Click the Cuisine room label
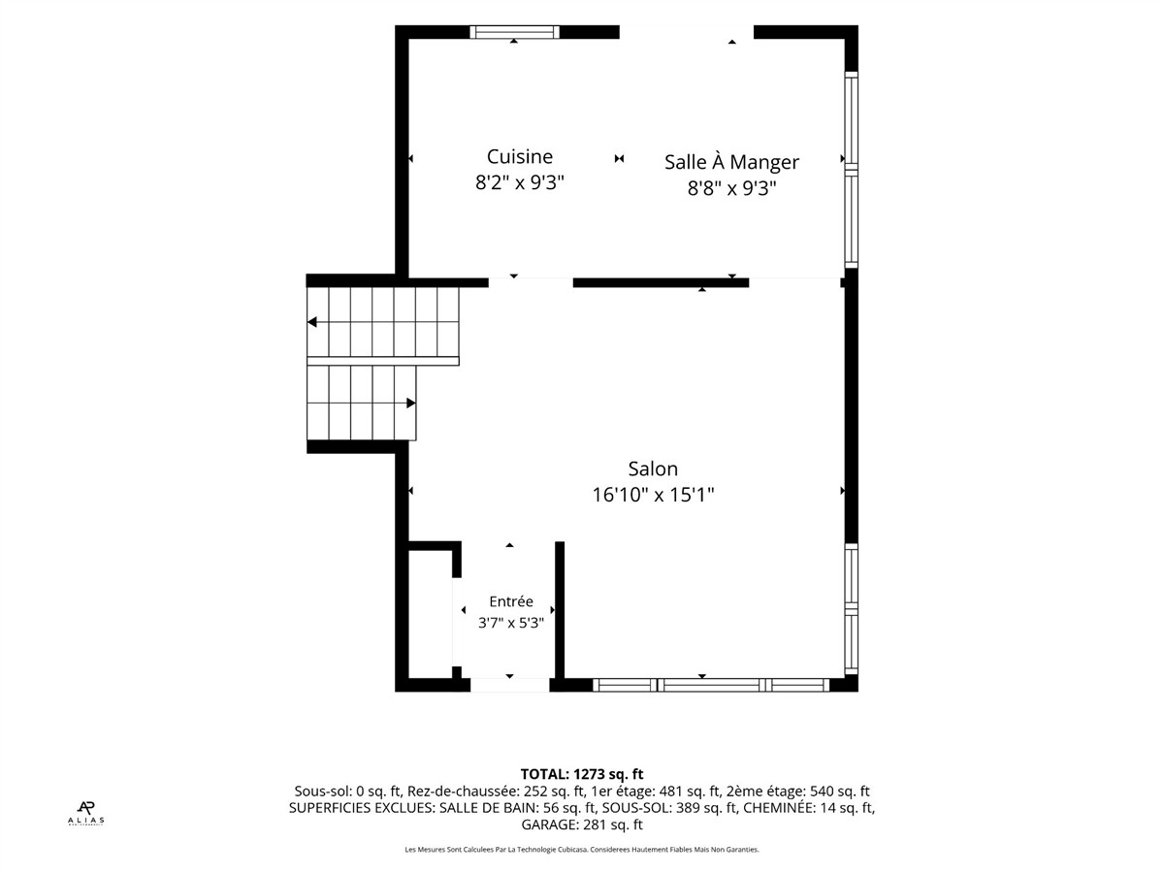click(519, 157)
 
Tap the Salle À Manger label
click(731, 162)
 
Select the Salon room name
click(653, 469)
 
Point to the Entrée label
click(510, 601)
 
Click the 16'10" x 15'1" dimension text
click(653, 495)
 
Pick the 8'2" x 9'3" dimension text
click(519, 183)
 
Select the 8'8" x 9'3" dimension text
click(731, 188)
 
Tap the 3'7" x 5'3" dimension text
click(510, 623)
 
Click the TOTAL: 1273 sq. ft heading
click(582, 774)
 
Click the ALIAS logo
click(86, 814)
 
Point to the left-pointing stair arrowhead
click(311, 322)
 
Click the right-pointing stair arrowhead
click(410, 404)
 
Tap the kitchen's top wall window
click(514, 32)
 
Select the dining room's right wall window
click(851, 170)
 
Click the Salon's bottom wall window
click(711, 686)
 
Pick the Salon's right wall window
click(851, 609)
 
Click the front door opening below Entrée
click(509, 686)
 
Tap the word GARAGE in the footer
click(550, 824)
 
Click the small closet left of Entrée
click(430, 615)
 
